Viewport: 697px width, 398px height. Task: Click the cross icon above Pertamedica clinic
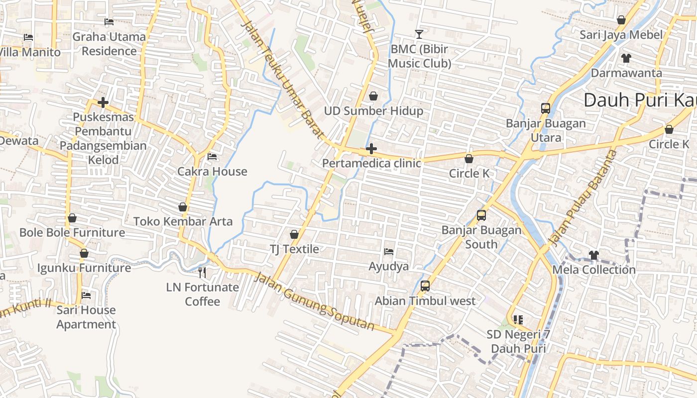[x=371, y=149]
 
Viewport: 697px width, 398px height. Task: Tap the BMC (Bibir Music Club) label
[x=419, y=56]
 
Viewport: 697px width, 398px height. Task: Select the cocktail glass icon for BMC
[x=419, y=34]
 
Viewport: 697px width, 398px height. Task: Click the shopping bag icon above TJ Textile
[x=294, y=234]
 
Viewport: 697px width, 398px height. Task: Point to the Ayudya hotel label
[x=388, y=266]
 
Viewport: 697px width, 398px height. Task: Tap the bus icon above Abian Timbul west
[x=425, y=286]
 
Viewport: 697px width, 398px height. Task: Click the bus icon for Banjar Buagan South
[x=481, y=215]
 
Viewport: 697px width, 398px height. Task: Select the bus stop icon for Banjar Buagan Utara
[x=546, y=108]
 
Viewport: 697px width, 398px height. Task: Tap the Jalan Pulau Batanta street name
[x=582, y=197]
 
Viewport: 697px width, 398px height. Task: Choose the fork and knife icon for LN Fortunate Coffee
[x=202, y=273]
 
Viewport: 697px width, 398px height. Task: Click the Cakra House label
[x=213, y=172]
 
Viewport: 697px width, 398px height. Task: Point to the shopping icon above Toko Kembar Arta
[x=183, y=207]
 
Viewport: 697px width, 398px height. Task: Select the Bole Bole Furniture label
[x=72, y=232]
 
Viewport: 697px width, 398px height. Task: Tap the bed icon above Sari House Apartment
[x=86, y=295]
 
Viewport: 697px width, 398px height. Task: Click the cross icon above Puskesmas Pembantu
[x=103, y=102]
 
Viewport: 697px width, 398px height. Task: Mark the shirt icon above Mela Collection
[x=593, y=255]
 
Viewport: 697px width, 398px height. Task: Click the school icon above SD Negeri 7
[x=518, y=319]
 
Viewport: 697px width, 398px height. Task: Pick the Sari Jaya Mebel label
[x=621, y=35]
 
